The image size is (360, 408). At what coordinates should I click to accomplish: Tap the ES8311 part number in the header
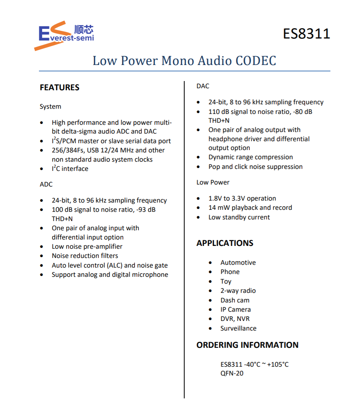(x=306, y=34)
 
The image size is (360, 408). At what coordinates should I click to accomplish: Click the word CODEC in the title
(x=256, y=61)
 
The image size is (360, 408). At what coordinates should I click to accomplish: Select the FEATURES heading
(x=59, y=87)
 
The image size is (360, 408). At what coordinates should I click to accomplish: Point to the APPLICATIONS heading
(x=225, y=243)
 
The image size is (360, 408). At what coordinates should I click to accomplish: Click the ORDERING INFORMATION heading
(x=247, y=345)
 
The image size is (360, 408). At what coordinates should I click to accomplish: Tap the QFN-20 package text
(x=232, y=373)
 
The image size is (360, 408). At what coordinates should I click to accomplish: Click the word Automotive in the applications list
(x=238, y=263)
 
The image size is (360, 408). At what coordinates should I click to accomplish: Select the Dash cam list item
(x=235, y=300)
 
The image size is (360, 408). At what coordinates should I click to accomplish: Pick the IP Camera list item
(x=236, y=310)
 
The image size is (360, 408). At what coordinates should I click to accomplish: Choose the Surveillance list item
(x=238, y=328)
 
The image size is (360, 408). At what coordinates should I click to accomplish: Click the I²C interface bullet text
(x=70, y=169)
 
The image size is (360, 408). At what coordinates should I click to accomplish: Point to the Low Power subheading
(x=213, y=183)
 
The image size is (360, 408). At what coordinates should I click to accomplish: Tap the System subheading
(x=50, y=107)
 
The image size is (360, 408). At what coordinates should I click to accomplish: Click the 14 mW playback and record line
(x=250, y=208)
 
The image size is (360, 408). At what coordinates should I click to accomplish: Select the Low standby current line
(x=239, y=217)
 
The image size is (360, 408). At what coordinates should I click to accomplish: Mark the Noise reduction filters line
(x=85, y=256)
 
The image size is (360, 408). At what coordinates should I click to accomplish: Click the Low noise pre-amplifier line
(x=87, y=247)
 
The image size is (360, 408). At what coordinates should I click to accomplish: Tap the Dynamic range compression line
(x=250, y=157)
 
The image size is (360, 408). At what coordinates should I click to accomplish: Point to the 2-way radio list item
(x=238, y=291)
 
